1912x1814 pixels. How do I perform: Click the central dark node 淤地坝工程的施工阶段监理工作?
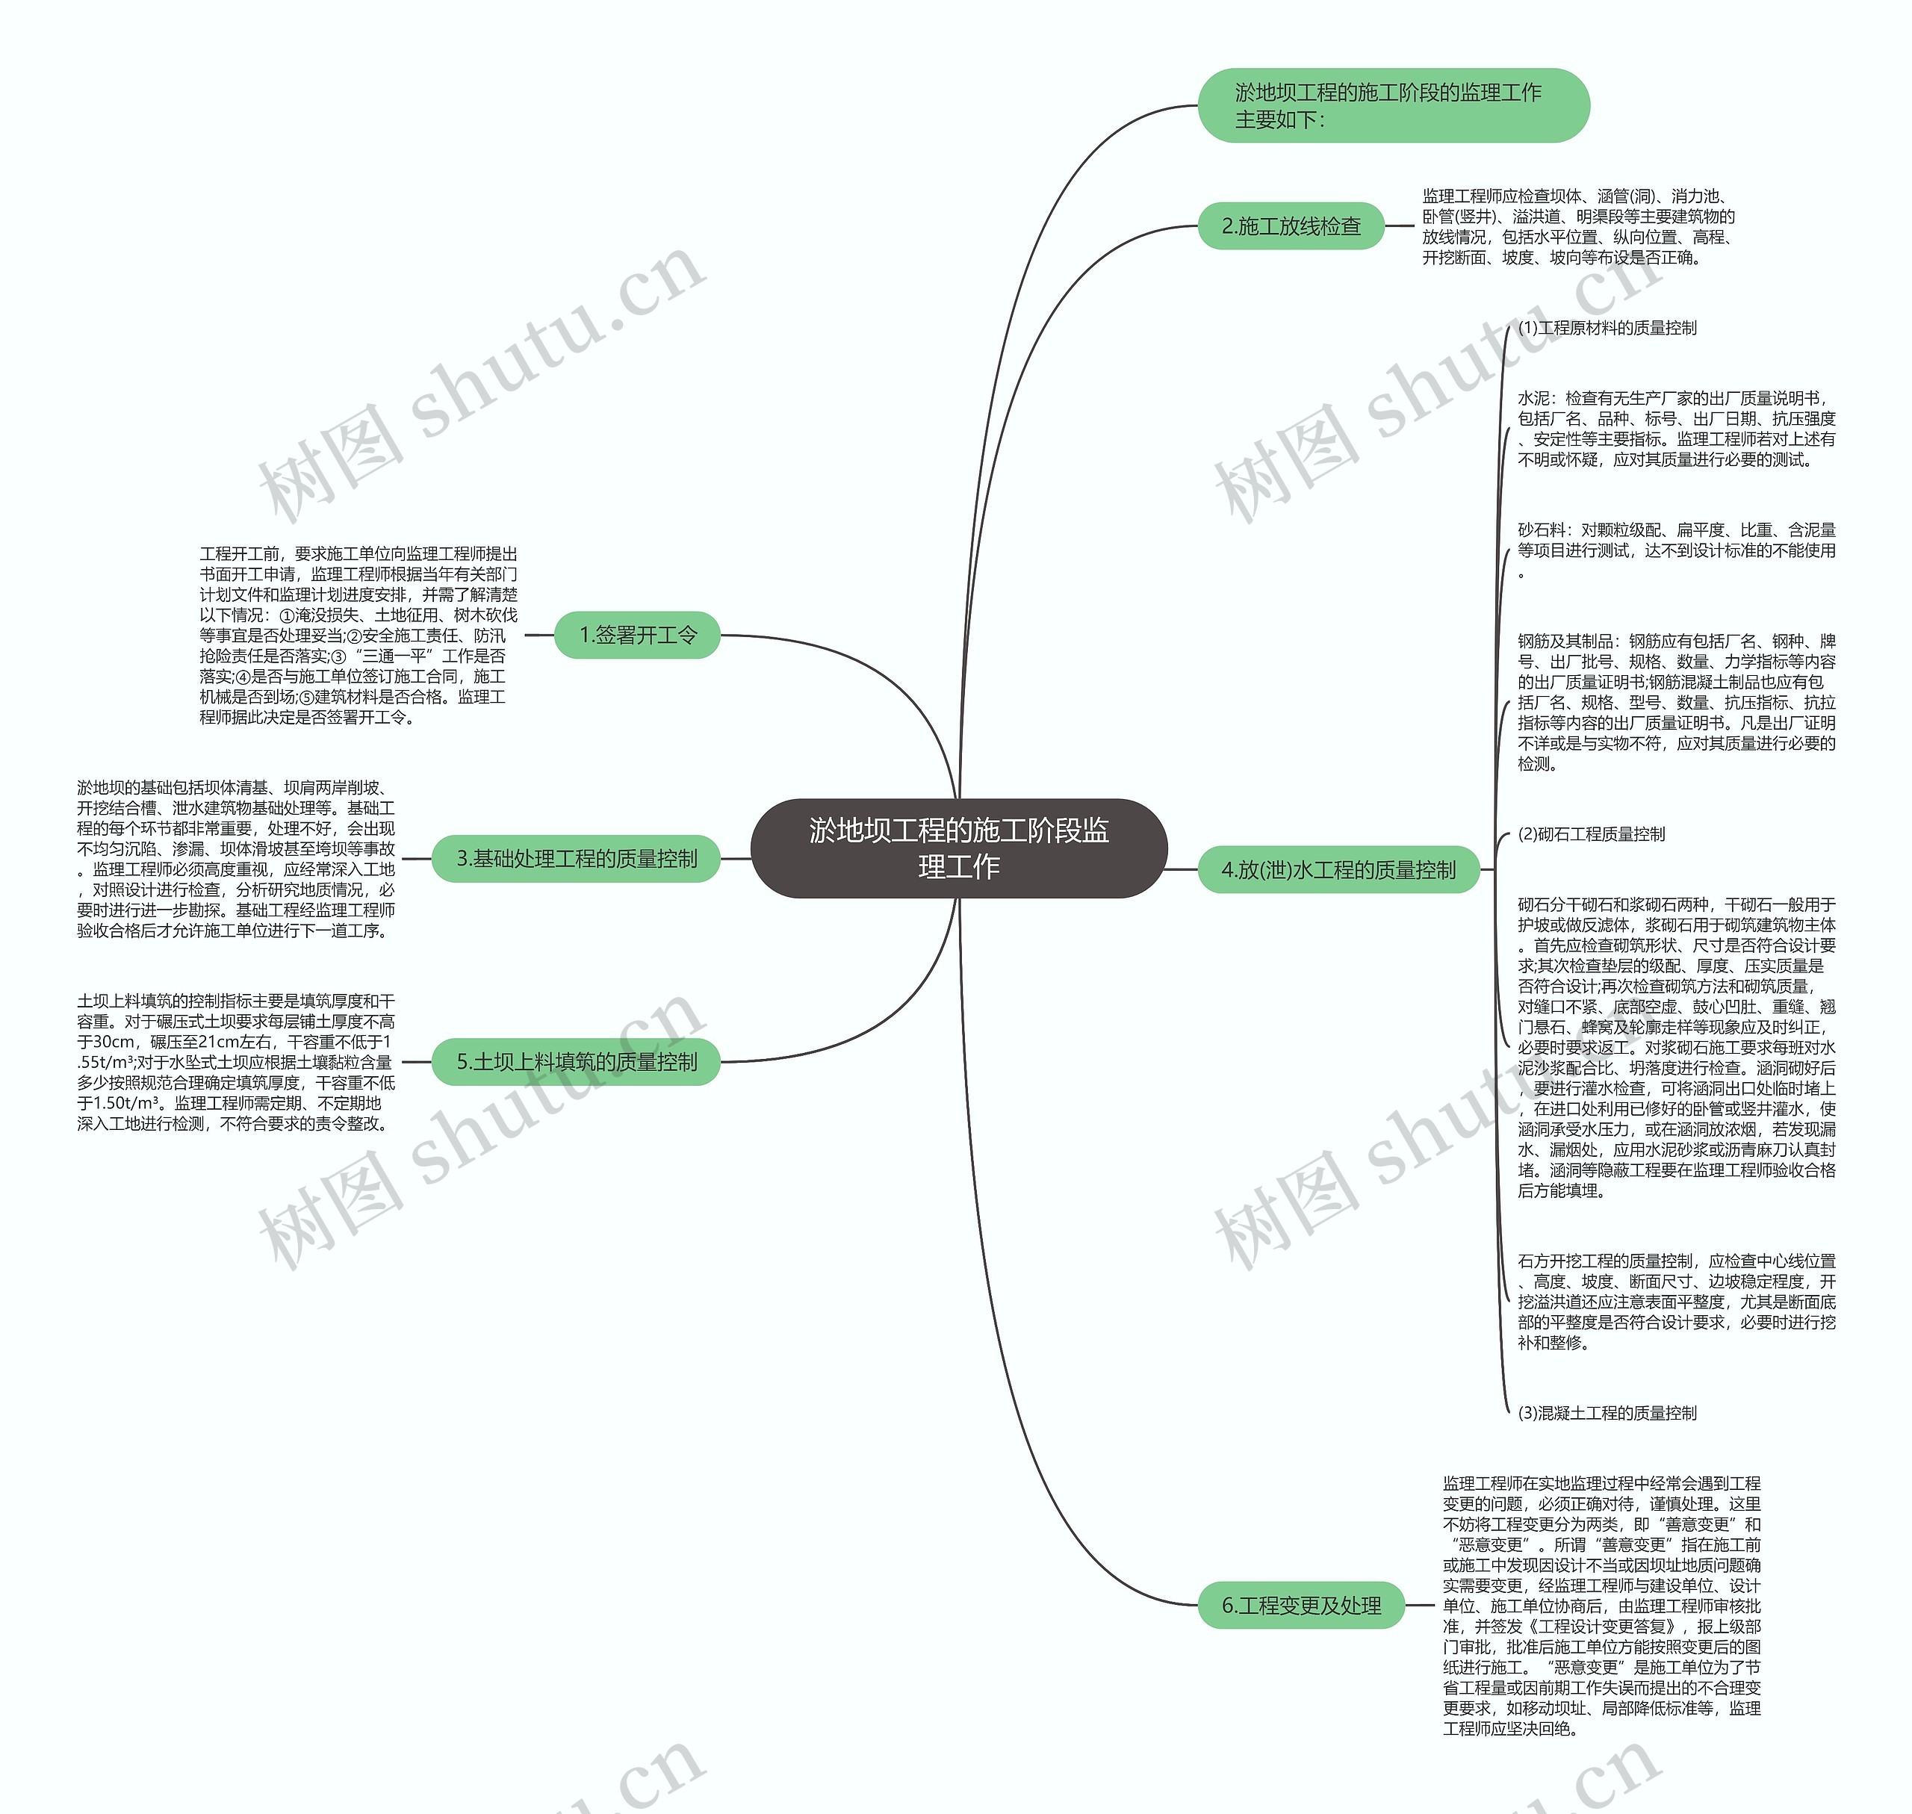pyautogui.click(x=958, y=848)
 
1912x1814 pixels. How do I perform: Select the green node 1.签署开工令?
pyautogui.click(x=637, y=636)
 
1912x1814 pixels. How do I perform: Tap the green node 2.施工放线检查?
pyautogui.click(x=1291, y=226)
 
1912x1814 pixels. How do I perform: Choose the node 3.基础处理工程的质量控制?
pyautogui.click(x=577, y=859)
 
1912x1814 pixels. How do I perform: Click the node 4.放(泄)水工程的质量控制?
pyautogui.click(x=1338, y=869)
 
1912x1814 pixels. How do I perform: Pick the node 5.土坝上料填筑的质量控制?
pyautogui.click(x=577, y=1062)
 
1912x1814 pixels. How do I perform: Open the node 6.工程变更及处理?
pyautogui.click(x=1301, y=1605)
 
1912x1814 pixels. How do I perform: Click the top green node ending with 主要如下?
pyautogui.click(x=1394, y=105)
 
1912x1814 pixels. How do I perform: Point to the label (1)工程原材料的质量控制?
pyautogui.click(x=1607, y=328)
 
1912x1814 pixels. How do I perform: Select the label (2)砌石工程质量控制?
pyautogui.click(x=1592, y=833)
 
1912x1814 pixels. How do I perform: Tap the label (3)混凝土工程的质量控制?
pyautogui.click(x=1607, y=1413)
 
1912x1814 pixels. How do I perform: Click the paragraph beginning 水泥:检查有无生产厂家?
pyautogui.click(x=1677, y=429)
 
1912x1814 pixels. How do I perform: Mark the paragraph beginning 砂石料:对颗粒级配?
pyautogui.click(x=1677, y=550)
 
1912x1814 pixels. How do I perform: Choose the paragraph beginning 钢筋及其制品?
pyautogui.click(x=1677, y=702)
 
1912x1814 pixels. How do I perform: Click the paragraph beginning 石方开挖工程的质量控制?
pyautogui.click(x=1677, y=1302)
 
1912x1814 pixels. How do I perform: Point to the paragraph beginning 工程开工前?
pyautogui.click(x=358, y=636)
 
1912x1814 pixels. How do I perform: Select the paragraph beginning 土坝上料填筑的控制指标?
pyautogui.click(x=236, y=1062)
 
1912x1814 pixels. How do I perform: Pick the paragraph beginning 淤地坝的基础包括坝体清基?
pyautogui.click(x=236, y=859)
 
